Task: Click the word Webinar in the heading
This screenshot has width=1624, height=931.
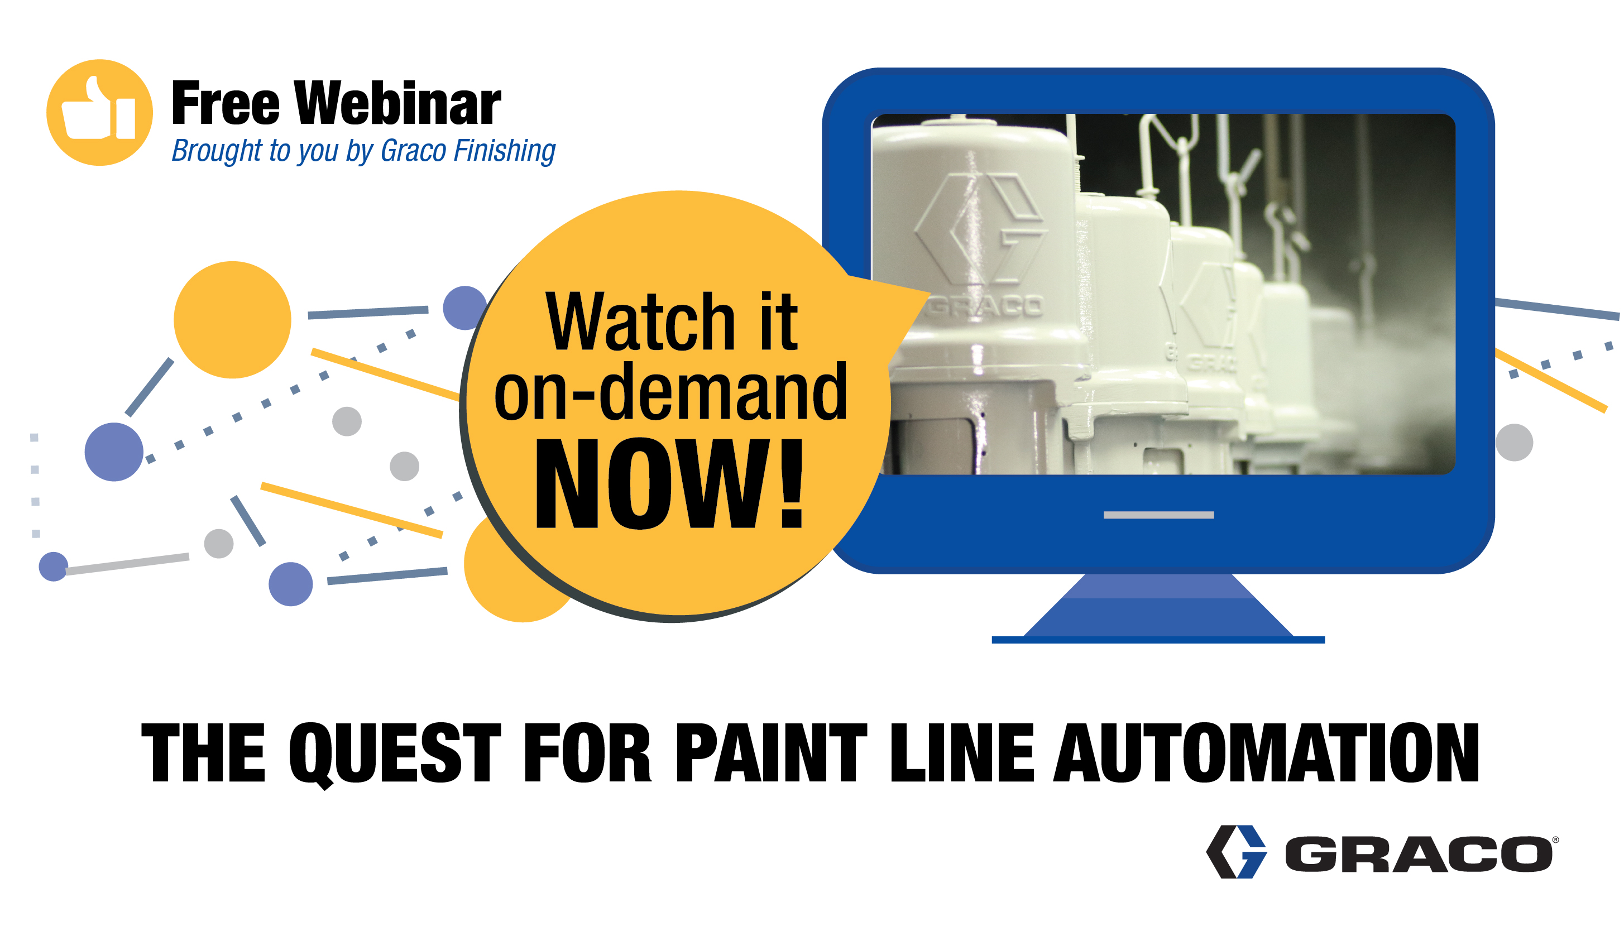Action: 397,104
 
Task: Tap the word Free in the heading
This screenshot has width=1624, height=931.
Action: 226,104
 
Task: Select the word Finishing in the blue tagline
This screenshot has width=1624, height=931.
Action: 505,151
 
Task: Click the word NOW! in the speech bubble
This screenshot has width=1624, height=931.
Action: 669,484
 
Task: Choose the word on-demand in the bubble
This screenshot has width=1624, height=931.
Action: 670,391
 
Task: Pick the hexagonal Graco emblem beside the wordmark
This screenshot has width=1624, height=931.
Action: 1235,852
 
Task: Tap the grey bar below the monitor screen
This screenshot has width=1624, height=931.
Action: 1158,515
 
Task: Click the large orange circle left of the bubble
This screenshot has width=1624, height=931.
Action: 232,320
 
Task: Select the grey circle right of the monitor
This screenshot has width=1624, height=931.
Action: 1513,443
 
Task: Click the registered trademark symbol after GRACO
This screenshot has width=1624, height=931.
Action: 1555,839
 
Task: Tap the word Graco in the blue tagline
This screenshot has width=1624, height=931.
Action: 413,151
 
